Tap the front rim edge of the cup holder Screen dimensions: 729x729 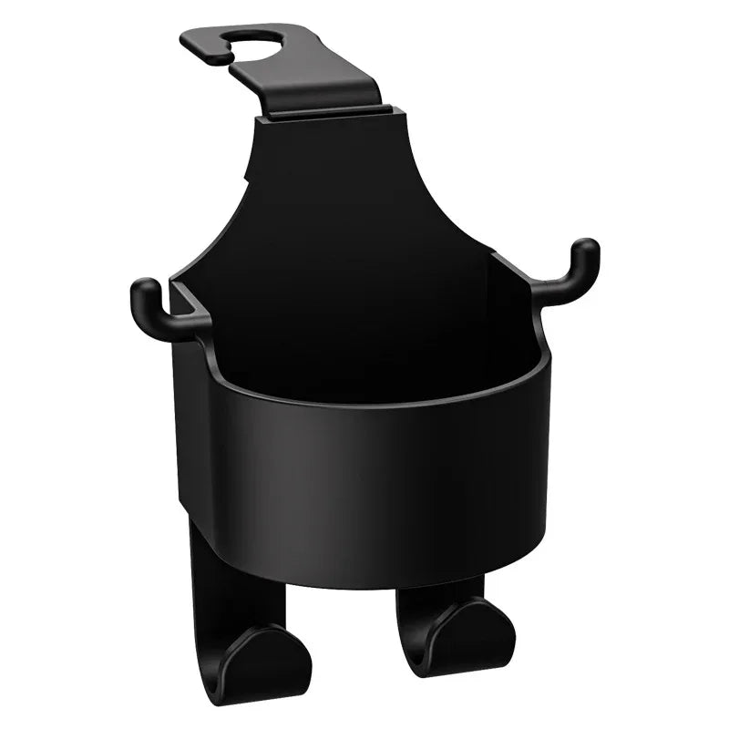(364, 401)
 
